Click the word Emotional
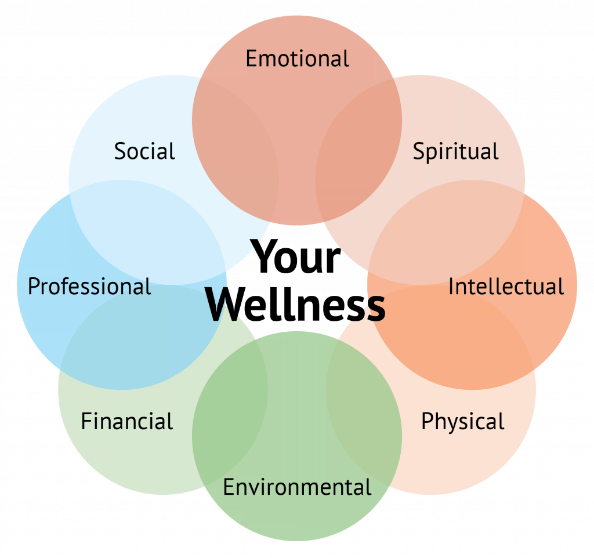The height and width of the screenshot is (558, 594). tap(298, 59)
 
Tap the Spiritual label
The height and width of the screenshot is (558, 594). tap(455, 152)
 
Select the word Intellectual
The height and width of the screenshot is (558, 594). tap(506, 287)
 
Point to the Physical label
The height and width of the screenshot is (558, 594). tap(462, 422)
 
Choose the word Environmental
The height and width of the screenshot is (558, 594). tap(297, 487)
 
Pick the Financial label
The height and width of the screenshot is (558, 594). tap(127, 421)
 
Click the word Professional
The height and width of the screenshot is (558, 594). tap(89, 287)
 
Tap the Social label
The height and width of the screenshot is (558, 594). tap(144, 151)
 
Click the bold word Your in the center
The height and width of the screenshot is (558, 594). tap(296, 257)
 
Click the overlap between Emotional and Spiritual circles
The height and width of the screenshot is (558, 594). tap(358, 151)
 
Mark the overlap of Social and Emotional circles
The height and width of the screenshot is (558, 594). tap(236, 151)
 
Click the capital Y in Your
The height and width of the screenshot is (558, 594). tap(265, 255)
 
